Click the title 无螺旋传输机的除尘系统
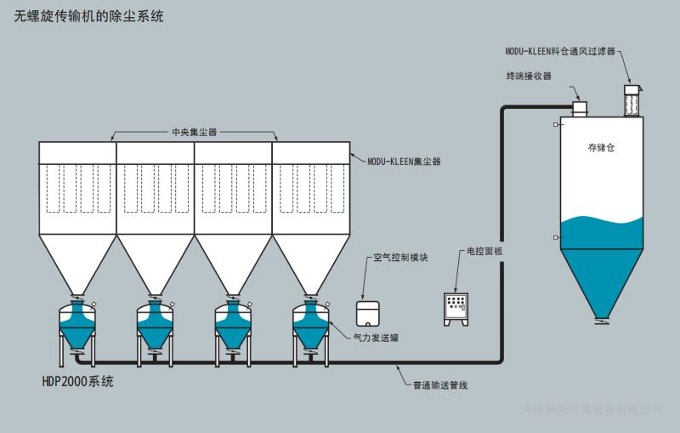coord(89,16)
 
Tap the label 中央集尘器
coord(194,133)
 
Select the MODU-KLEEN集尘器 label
coord(404,160)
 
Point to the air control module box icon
coord(368,312)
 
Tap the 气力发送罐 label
coord(376,338)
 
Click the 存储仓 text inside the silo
coord(600,147)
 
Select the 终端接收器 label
coord(528,76)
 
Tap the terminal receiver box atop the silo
coord(581,108)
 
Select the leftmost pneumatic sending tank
coord(76,325)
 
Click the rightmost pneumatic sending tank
coord(311,325)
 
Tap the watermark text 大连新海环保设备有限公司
coord(591,409)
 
